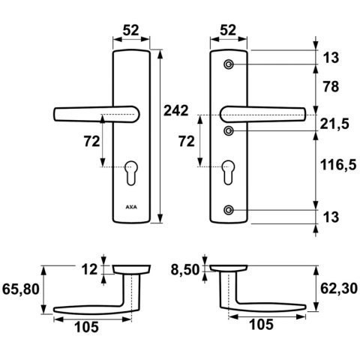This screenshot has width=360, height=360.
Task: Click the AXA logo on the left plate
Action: point(131,207)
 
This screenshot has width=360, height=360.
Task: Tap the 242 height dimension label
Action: point(175,110)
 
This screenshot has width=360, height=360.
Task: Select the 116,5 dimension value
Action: point(338,165)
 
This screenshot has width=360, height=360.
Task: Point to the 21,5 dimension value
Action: point(334,124)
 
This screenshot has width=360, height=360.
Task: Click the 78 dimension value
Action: point(331,87)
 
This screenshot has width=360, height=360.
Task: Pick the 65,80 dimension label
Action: point(21,289)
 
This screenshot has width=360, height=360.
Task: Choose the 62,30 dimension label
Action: point(339,289)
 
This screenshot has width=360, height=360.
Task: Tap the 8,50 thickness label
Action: point(185,270)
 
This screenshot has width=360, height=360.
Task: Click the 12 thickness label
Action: point(89,270)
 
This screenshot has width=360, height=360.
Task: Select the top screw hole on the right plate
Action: point(229,64)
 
